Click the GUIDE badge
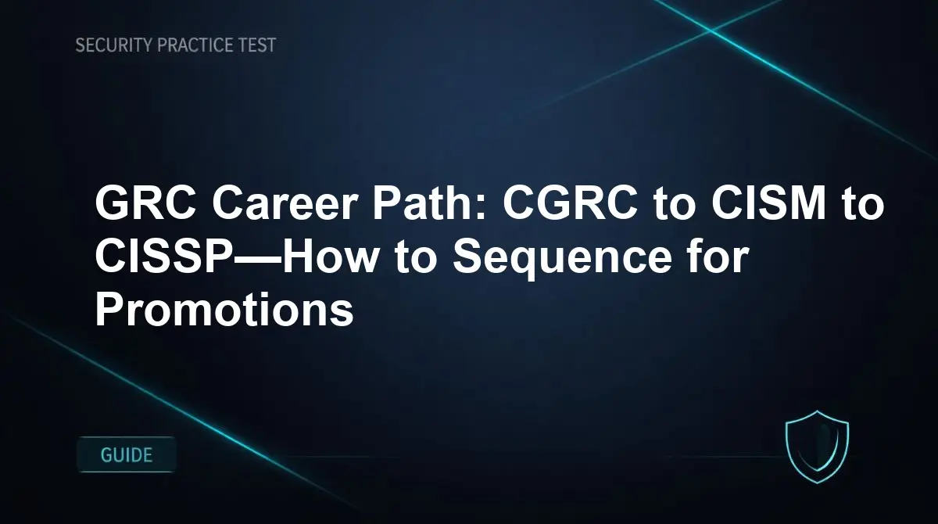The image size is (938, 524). [x=127, y=454]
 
